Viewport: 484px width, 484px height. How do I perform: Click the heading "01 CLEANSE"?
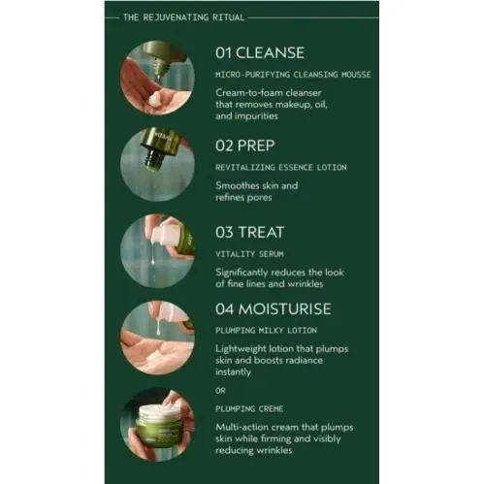coord(260,53)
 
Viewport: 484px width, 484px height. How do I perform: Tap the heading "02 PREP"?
coord(245,145)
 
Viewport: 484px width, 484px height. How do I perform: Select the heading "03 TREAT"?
coord(250,233)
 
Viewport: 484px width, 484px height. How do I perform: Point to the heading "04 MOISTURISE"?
coord(274,309)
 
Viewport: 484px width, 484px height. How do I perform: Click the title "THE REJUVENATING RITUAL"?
coord(183,17)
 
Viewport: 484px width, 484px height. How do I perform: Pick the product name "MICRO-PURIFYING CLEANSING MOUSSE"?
coord(293,75)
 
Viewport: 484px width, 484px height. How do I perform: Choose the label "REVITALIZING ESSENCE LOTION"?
coord(281,168)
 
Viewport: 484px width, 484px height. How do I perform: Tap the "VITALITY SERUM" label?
coord(249,254)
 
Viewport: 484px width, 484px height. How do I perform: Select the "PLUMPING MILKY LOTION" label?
coord(266,331)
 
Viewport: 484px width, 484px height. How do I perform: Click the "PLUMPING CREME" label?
coord(249,409)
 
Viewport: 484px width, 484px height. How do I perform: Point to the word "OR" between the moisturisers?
coord(220,391)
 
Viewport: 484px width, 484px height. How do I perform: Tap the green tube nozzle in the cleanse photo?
coord(160,66)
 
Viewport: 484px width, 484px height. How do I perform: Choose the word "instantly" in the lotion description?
coord(233,372)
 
